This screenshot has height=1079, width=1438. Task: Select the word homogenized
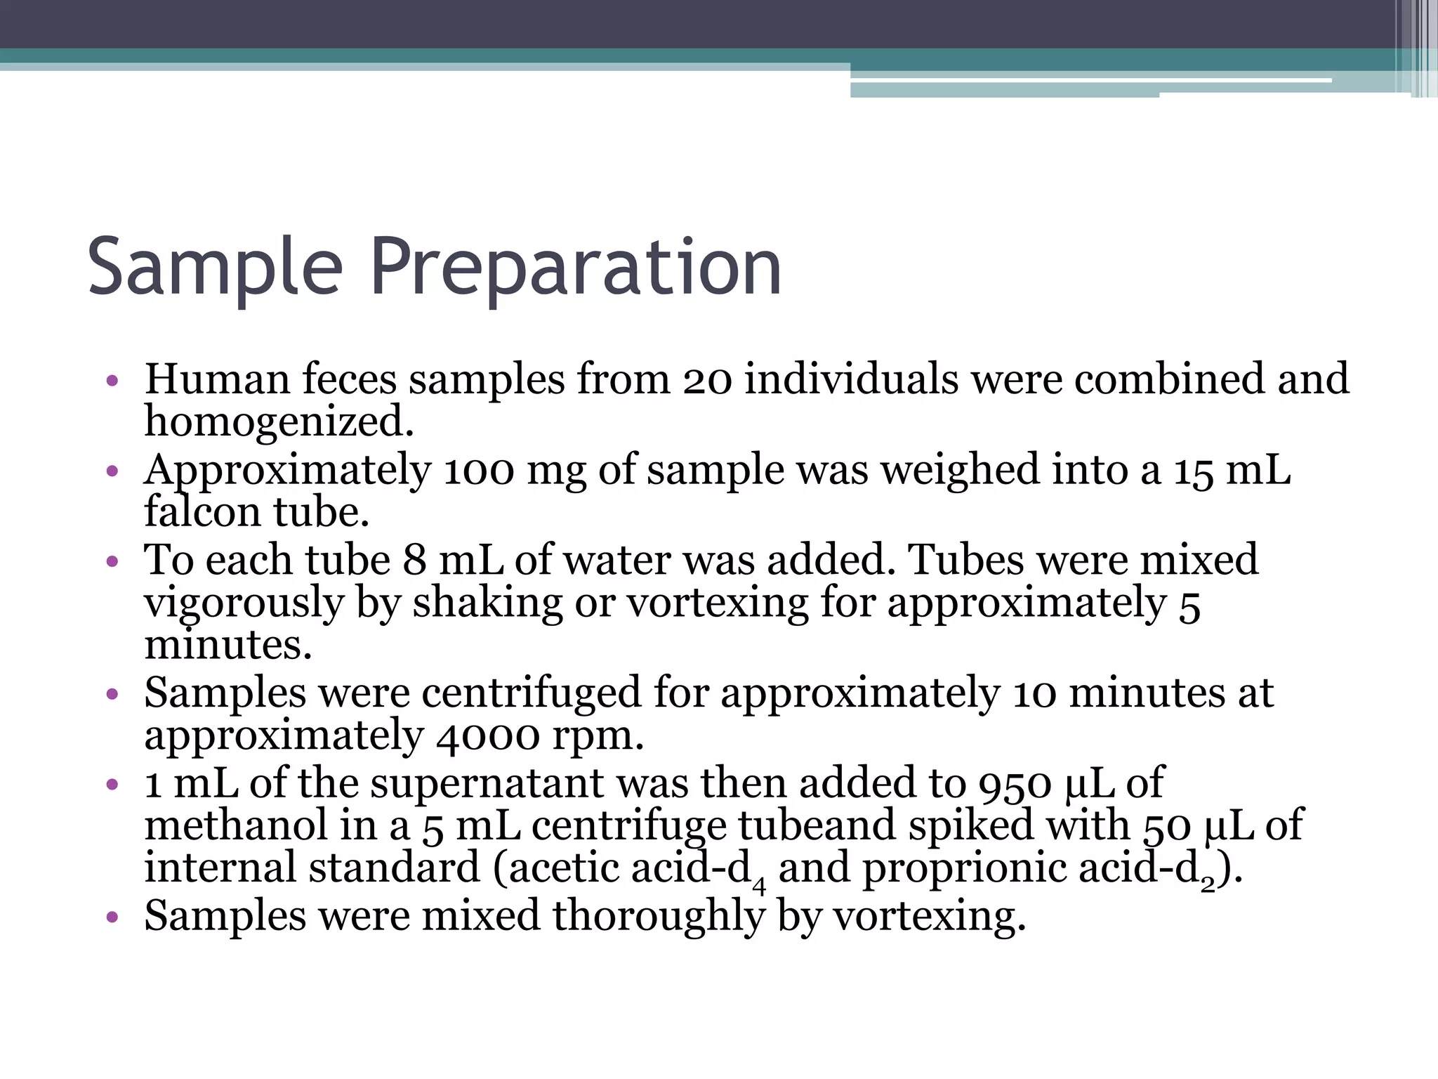point(279,423)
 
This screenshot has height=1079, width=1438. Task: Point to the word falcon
point(202,511)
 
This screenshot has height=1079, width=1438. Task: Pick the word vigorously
point(243,603)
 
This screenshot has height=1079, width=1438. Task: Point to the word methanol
point(236,826)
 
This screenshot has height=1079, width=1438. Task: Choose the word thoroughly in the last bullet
point(658,917)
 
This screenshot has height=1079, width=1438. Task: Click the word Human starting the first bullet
point(217,379)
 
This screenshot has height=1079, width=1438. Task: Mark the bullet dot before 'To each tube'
point(112,562)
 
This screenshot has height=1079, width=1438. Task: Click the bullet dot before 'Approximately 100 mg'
point(112,471)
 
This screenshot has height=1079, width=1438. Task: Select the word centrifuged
point(532,693)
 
